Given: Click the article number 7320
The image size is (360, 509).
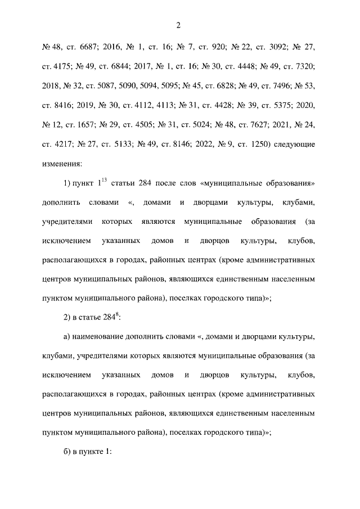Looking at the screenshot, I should pyautogui.click(x=303, y=66).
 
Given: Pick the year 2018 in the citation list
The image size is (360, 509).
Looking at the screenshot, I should pyautogui.click(x=52, y=87).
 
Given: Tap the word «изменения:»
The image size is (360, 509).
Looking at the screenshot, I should pyautogui.click(x=62, y=164).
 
